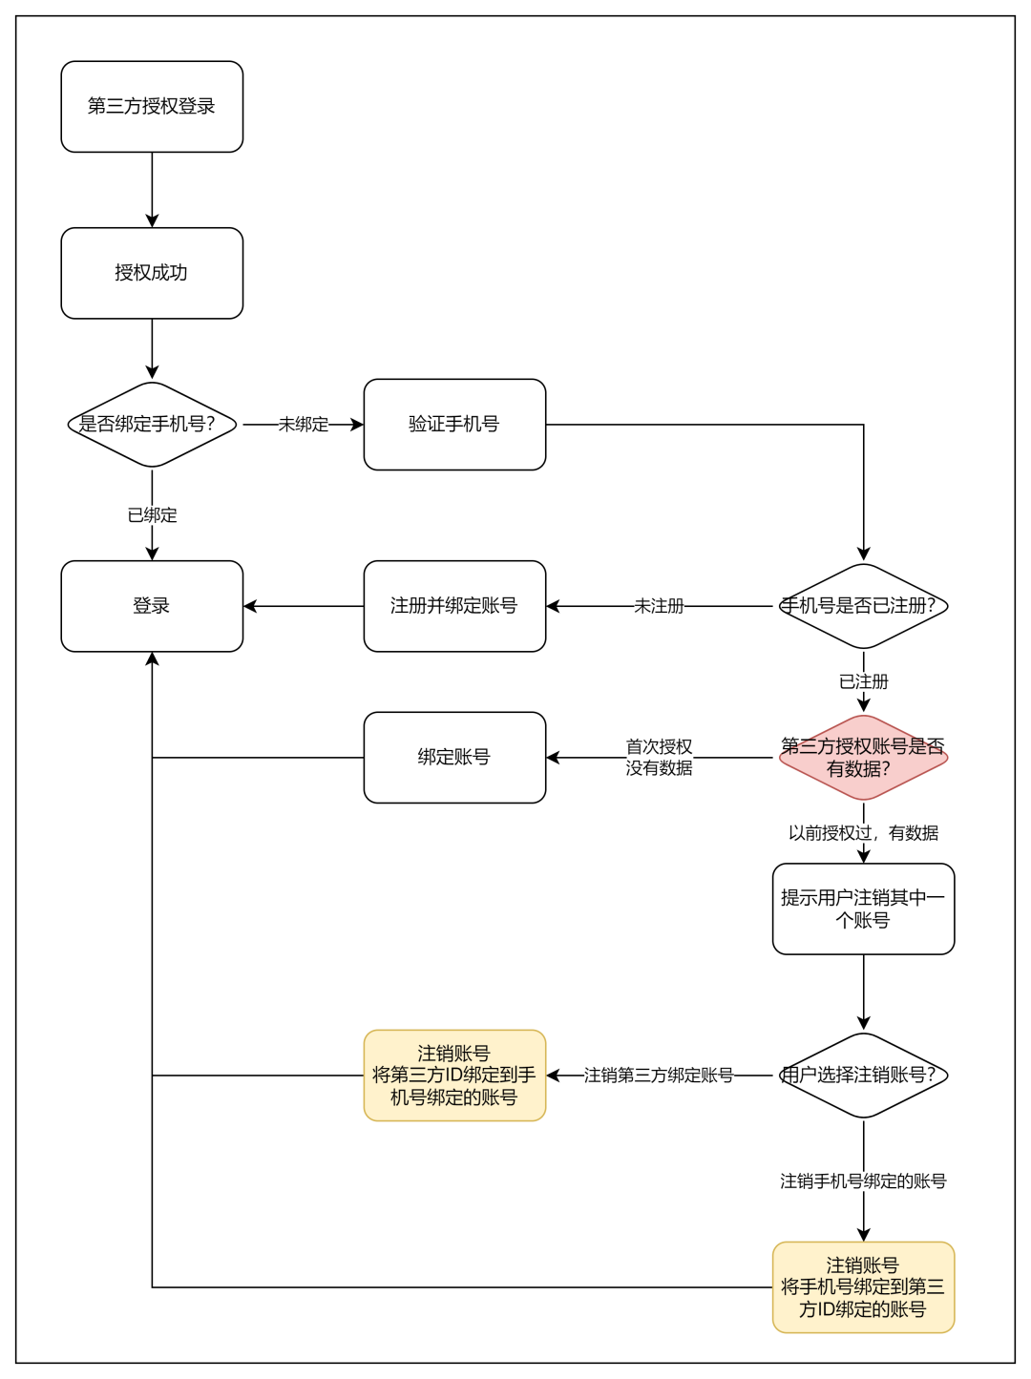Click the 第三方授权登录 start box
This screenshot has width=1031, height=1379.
(152, 107)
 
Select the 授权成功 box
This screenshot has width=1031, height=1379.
(152, 273)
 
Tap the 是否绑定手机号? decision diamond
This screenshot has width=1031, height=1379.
(152, 425)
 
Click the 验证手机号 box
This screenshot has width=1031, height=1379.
(454, 425)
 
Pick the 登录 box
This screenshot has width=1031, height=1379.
(152, 606)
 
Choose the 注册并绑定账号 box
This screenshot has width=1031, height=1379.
(454, 606)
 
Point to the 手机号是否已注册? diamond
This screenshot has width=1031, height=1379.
(863, 606)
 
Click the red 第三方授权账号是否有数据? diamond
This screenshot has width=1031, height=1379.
(863, 758)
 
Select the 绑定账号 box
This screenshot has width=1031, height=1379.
(454, 758)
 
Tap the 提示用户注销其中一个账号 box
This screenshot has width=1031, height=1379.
(863, 909)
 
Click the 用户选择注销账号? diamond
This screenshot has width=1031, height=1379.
(863, 1076)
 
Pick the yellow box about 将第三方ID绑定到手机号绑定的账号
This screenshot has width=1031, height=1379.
(454, 1076)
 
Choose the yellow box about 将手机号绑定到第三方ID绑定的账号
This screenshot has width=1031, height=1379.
(863, 1287)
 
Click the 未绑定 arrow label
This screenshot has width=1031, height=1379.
(304, 425)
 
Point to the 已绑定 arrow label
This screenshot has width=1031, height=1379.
(152, 515)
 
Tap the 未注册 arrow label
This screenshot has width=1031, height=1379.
(659, 606)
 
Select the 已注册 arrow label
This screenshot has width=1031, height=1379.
(863, 681)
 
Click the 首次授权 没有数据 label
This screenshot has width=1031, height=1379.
(659, 758)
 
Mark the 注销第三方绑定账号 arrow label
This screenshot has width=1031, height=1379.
(659, 1076)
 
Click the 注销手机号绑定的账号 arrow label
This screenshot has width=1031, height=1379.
(863, 1181)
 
